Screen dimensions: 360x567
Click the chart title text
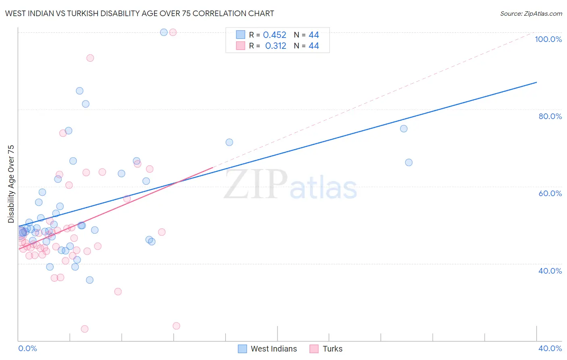[140, 13]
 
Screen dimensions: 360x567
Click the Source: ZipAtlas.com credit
[531, 13]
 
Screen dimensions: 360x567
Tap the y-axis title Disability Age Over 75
[11, 184]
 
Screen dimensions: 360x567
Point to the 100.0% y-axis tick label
[548, 39]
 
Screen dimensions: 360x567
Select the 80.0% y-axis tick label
[550, 116]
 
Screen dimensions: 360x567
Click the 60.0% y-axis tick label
[550, 193]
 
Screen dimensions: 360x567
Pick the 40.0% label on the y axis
[550, 271]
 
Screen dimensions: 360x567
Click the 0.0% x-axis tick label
[27, 348]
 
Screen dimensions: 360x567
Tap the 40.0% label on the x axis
[550, 348]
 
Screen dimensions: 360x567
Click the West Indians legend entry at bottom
[267, 349]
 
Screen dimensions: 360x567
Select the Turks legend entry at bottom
[326, 349]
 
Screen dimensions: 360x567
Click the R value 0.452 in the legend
[275, 35]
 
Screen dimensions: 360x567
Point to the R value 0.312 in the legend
[275, 46]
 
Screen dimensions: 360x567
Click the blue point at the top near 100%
[164, 32]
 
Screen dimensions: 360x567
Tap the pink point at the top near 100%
[173, 32]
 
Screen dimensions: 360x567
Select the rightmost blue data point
[409, 163]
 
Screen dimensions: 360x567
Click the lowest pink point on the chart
[85, 329]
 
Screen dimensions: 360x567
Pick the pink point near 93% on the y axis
[90, 58]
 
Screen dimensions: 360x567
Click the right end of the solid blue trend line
[536, 82]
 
